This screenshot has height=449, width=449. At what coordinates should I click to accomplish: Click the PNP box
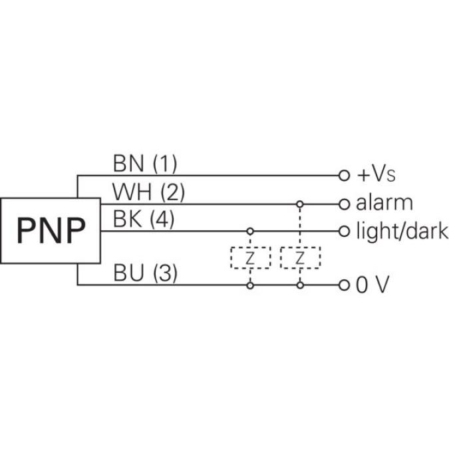pyautogui.click(x=51, y=231)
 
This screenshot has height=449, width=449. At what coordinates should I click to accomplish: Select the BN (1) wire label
pyautogui.click(x=145, y=163)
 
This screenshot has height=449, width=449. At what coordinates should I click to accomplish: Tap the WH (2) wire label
pyautogui.click(x=148, y=192)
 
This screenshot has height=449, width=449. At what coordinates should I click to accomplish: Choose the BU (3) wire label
pyautogui.click(x=145, y=273)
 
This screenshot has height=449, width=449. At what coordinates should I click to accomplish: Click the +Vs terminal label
pyautogui.click(x=376, y=176)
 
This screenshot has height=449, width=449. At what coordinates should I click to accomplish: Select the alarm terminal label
pyautogui.click(x=384, y=203)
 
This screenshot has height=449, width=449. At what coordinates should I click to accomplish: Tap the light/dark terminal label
pyautogui.click(x=402, y=231)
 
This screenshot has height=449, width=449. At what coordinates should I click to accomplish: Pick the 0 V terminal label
pyautogui.click(x=373, y=285)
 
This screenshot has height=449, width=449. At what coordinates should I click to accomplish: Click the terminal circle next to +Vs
pyautogui.click(x=344, y=176)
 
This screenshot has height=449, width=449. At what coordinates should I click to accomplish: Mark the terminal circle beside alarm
pyautogui.click(x=344, y=204)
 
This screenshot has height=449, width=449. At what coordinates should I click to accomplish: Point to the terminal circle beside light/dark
pyautogui.click(x=344, y=231)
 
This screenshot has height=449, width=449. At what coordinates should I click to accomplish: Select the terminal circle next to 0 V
pyautogui.click(x=344, y=285)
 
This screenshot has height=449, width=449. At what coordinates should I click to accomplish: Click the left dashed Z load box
pyautogui.click(x=250, y=258)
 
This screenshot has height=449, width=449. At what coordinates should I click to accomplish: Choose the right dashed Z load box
pyautogui.click(x=300, y=258)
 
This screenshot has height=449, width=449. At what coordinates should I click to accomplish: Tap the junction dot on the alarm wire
pyautogui.click(x=300, y=204)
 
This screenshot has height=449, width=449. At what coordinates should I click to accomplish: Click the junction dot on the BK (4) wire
pyautogui.click(x=250, y=231)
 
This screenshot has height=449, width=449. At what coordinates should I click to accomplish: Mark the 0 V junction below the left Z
pyautogui.click(x=250, y=285)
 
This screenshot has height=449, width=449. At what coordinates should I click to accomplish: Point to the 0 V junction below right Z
pyautogui.click(x=300, y=285)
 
